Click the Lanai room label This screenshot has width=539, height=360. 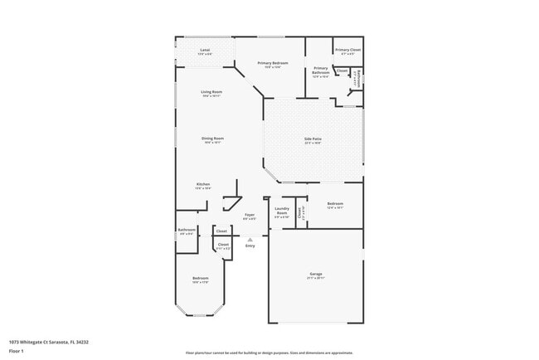point(205,50)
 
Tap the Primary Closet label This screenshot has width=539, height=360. point(348,51)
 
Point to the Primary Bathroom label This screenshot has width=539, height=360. point(320,70)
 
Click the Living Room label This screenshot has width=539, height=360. point(211,92)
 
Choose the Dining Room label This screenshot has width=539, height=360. point(213,139)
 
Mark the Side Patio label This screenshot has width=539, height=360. point(312,139)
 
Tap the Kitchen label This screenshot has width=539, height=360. point(203,184)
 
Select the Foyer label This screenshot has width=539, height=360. point(250,215)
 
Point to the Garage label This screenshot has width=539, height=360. point(315,273)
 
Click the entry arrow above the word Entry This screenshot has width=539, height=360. point(250,239)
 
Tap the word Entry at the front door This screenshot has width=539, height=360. point(250,246)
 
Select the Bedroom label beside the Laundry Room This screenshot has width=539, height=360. point(335,203)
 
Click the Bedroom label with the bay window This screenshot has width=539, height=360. point(200,278)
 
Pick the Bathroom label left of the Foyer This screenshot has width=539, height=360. point(187,230)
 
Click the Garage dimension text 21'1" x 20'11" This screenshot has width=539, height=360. point(315,278)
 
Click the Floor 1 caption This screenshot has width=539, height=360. point(17,351)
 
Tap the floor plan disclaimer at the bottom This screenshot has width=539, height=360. point(269,353)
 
